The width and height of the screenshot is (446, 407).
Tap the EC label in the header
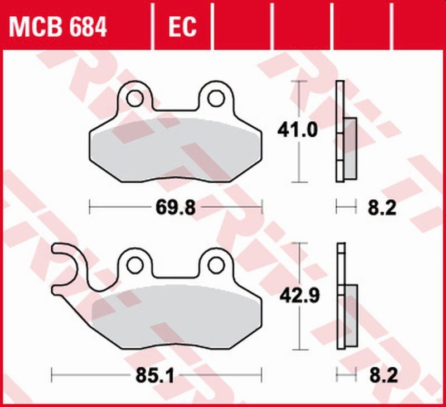[180, 26]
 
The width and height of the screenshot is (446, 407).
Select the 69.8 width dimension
[174, 208]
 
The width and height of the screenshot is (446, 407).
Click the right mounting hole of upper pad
[215, 98]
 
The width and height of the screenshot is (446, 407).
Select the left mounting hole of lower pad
[134, 262]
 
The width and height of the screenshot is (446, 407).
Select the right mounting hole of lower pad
[215, 262]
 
